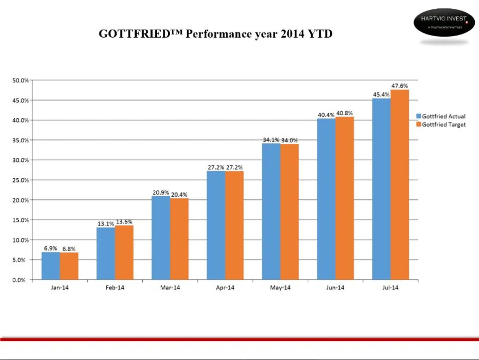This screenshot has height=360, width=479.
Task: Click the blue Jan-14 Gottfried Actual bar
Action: pyautogui.click(x=51, y=266)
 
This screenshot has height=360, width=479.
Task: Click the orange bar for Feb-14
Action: pyautogui.click(x=124, y=253)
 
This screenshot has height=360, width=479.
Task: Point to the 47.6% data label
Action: pyautogui.click(x=399, y=86)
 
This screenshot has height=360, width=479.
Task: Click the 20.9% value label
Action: pyautogui.click(x=161, y=193)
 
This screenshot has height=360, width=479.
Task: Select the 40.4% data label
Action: pyautogui.click(x=326, y=115)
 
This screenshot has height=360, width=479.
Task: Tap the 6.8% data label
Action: pyautogui.click(x=69, y=249)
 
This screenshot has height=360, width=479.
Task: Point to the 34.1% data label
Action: pyautogui.click(x=271, y=140)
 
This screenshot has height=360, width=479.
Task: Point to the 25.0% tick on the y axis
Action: pyautogui.click(x=20, y=180)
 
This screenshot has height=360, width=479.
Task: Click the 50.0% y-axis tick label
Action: pyautogui.click(x=20, y=81)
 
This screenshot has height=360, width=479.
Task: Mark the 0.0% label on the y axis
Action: pyautogui.click(x=19, y=280)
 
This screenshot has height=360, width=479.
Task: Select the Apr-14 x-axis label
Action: pyautogui.click(x=225, y=287)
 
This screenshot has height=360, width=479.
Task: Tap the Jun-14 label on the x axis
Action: pyautogui.click(x=335, y=287)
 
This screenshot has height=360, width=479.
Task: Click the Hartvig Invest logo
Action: pyautogui.click(x=444, y=22)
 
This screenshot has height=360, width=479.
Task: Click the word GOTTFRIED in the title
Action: pyautogui.click(x=135, y=34)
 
